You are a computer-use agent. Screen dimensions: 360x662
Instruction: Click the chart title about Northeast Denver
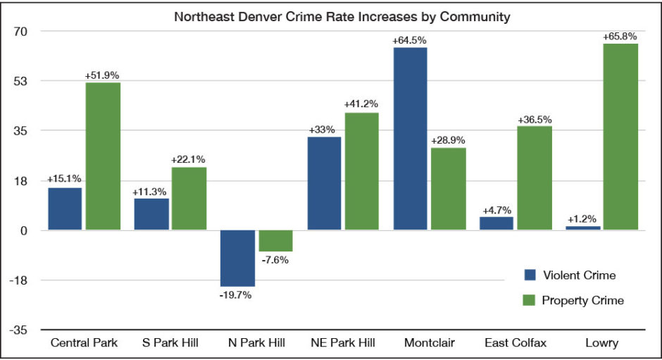click(342, 17)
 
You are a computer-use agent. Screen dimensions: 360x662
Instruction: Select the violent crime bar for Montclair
click(410, 138)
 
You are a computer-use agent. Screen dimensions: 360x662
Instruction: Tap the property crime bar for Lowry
click(620, 137)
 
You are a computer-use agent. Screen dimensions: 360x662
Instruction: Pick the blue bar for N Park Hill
click(237, 258)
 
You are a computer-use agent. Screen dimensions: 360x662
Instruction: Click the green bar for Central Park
click(102, 156)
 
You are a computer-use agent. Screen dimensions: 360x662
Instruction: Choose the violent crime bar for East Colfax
click(496, 223)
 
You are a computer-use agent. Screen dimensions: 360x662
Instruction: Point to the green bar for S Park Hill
click(189, 198)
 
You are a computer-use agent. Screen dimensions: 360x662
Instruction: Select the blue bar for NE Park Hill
click(324, 183)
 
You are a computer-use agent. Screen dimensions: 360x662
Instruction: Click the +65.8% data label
click(620, 36)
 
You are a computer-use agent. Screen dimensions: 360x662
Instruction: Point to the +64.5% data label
click(411, 39)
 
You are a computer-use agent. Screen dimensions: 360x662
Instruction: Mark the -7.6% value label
click(275, 260)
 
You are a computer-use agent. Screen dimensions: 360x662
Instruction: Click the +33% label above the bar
click(323, 130)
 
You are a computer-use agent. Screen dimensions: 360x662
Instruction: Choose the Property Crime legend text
click(582, 300)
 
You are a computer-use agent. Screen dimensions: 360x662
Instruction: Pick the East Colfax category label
click(516, 343)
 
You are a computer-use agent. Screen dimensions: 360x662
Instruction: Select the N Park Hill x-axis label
click(257, 343)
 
